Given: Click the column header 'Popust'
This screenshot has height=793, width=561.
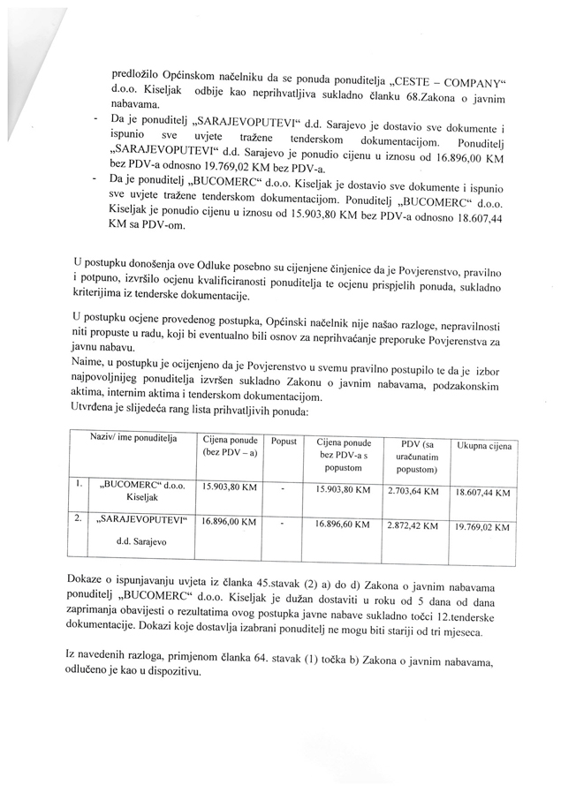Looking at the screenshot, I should tap(283, 440).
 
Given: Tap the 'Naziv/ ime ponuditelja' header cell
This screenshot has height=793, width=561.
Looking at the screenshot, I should tap(133, 437).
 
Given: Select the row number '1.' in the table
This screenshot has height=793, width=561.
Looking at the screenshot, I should tap(79, 484).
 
